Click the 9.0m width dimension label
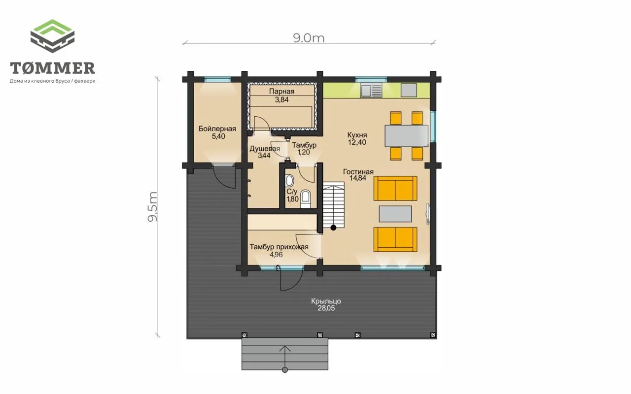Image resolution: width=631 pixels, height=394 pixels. click(x=309, y=38)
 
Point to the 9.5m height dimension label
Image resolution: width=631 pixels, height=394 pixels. click(x=152, y=207)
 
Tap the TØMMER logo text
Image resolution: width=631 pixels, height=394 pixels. click(x=52, y=68)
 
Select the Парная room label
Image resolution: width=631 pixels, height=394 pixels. click(x=281, y=91)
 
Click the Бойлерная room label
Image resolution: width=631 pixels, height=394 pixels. click(x=217, y=129)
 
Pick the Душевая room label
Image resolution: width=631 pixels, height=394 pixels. click(x=265, y=149)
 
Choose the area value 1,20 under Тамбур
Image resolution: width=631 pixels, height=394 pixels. click(x=304, y=152)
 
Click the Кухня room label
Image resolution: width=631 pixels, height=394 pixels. click(x=357, y=134)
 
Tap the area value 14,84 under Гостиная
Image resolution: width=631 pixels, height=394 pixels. click(x=358, y=178)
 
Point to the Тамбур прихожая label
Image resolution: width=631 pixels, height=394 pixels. click(x=279, y=247)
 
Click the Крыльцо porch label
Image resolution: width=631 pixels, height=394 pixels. click(x=326, y=301)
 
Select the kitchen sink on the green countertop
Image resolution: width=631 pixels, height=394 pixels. click(x=371, y=90)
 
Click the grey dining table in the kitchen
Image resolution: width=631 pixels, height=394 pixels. click(x=407, y=136)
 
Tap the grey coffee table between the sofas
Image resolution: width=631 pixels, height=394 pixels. click(x=395, y=214)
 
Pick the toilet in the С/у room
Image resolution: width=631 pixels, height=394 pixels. click(x=305, y=198)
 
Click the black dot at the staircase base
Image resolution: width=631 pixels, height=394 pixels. click(x=333, y=228)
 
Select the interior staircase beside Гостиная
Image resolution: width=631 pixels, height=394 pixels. click(x=334, y=205)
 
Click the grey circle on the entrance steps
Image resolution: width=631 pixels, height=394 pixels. click(x=285, y=370)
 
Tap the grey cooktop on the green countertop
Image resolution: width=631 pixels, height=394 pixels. click(x=409, y=90)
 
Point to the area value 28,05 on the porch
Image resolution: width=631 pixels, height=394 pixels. click(x=326, y=308)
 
